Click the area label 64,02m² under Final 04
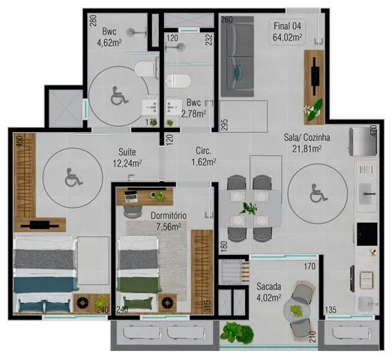pyautogui.click(x=288, y=37)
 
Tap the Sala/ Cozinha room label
pyautogui.click(x=307, y=137)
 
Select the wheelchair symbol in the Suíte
pyautogui.click(x=73, y=177)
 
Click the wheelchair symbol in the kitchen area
pyautogui.click(x=319, y=193)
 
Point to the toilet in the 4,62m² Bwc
pyautogui.click(x=145, y=69)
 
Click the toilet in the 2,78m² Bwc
pyautogui.click(x=178, y=81)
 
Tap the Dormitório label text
pyautogui.click(x=169, y=216)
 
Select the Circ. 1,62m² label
pyautogui.click(x=204, y=157)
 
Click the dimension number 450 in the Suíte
pyautogui.click(x=19, y=142)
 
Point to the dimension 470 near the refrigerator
pyautogui.click(x=373, y=130)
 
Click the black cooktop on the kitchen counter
pyautogui.click(x=367, y=234)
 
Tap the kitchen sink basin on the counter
pyautogui.click(x=367, y=194)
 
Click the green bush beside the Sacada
pyautogui.click(x=237, y=332)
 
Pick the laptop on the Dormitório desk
pyautogui.click(x=131, y=196)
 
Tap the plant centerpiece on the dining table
pyautogui.click(x=248, y=208)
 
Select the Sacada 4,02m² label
pyautogui.click(x=269, y=292)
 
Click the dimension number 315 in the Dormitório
pyautogui.click(x=208, y=306)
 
